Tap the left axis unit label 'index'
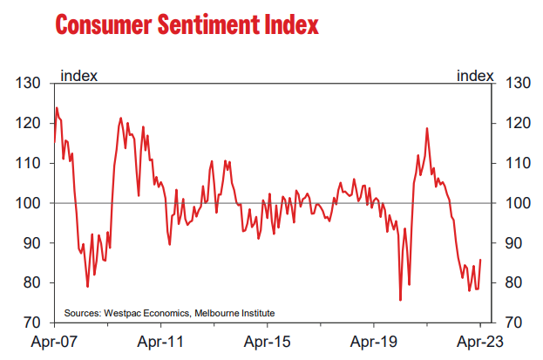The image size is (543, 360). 78,75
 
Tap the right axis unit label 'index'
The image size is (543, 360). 475,75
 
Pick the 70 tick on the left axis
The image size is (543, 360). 34,323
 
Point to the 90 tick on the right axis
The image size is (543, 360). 514,243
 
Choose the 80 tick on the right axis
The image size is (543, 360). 514,283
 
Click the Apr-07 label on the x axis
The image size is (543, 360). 55,343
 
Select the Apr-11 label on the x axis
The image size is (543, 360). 161,343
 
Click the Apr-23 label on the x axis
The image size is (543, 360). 479,343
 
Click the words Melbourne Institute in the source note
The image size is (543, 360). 234,312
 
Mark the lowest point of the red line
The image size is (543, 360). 400,300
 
